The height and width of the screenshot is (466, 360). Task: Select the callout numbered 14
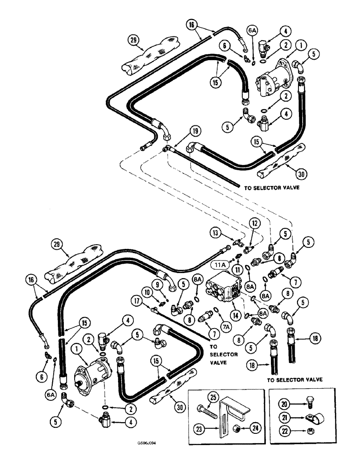pyautogui.click(x=236, y=315)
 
